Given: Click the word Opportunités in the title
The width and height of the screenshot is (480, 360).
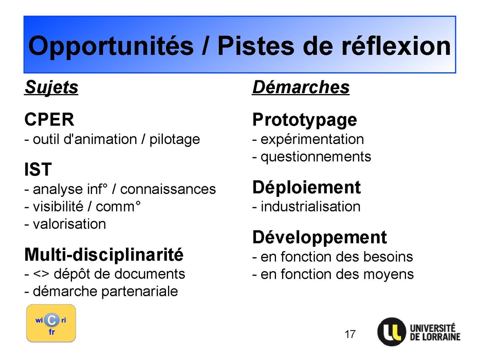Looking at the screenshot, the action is click(111, 46).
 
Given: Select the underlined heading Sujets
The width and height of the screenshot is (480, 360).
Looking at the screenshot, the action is click(51, 88).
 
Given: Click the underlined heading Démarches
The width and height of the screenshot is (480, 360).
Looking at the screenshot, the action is click(301, 87).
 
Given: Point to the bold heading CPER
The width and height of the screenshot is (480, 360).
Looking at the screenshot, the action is click(50, 119).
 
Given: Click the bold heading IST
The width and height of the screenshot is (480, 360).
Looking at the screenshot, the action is click(38, 169).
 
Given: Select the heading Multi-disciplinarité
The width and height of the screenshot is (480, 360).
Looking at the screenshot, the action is click(104, 254).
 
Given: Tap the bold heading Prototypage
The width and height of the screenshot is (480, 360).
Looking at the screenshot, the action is click(304, 120).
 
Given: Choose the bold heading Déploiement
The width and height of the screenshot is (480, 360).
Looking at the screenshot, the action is click(306, 188).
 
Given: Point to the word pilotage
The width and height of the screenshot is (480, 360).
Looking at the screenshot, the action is click(174, 140).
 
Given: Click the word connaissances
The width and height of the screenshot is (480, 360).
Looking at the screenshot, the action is click(168, 189).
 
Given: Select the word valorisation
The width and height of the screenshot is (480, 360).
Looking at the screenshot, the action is click(69, 224).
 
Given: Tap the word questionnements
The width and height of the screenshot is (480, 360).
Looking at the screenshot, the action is click(316, 157).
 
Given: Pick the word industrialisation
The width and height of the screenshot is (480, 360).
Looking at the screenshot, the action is click(310, 206).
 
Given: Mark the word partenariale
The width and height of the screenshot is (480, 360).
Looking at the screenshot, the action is click(140, 292).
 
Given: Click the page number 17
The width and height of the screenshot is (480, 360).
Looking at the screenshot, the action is click(350, 334).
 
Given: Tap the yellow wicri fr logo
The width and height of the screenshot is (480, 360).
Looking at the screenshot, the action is click(51, 323).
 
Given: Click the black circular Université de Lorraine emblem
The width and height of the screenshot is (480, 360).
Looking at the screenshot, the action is click(392, 332).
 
